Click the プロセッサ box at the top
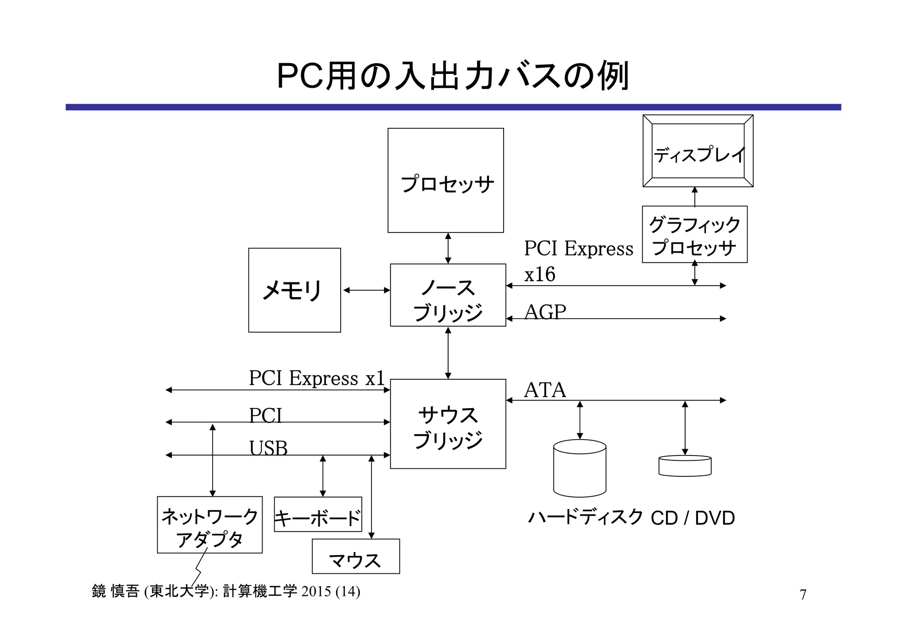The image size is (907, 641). pyautogui.click(x=446, y=180)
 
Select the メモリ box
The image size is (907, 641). pyautogui.click(x=294, y=290)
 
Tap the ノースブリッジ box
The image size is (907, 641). pyautogui.click(x=448, y=295)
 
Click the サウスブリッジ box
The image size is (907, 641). pyautogui.click(x=448, y=424)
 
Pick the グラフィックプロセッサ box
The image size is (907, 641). pyautogui.click(x=694, y=235)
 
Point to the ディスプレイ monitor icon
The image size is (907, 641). pyautogui.click(x=698, y=151)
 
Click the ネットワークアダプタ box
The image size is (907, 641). pyautogui.click(x=209, y=525)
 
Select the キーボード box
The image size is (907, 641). pyautogui.click(x=318, y=514)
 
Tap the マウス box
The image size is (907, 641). pyautogui.click(x=356, y=556)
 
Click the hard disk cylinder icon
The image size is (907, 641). pyautogui.click(x=580, y=468)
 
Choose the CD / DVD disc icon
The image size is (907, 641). pyautogui.click(x=685, y=466)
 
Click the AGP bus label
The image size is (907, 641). pyautogui.click(x=545, y=312)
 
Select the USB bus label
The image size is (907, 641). pyautogui.click(x=268, y=448)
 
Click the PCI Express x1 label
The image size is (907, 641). pyautogui.click(x=316, y=378)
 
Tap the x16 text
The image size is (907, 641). pyautogui.click(x=539, y=274)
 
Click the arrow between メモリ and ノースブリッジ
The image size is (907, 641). pyautogui.click(x=366, y=290)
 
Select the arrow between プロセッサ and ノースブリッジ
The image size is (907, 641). pyautogui.click(x=448, y=248)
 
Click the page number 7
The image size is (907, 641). pyautogui.click(x=802, y=595)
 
